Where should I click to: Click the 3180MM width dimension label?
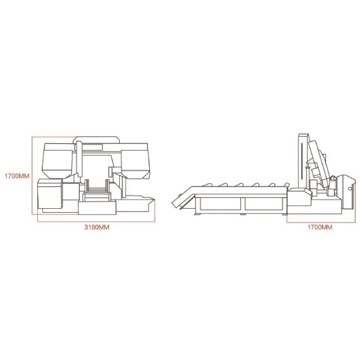97,227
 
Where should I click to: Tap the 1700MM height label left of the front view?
17,176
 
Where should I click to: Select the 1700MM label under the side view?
320,227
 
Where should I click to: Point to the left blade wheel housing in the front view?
58,161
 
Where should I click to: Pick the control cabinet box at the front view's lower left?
50,194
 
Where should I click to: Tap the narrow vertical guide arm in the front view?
79,159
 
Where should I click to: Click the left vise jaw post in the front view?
87,186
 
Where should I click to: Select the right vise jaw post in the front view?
107,186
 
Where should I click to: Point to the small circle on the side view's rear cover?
350,189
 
